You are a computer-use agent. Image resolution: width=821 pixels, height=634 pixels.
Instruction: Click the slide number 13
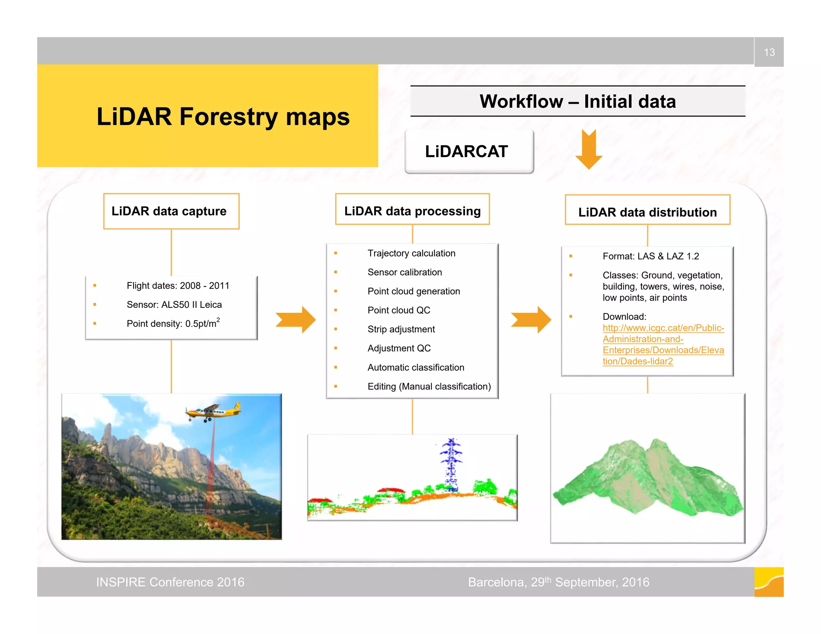769,52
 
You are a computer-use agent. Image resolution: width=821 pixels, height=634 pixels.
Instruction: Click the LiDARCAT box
469,151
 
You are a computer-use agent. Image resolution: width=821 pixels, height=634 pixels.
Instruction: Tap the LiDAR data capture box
171,211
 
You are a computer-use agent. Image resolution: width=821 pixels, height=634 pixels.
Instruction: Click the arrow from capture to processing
296,319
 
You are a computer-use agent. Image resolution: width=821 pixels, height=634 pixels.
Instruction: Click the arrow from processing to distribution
531,319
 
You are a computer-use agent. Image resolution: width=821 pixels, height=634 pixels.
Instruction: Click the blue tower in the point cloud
451,465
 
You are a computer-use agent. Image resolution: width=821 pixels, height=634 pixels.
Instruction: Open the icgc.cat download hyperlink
663,344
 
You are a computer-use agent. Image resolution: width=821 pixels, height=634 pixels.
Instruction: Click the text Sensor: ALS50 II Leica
174,305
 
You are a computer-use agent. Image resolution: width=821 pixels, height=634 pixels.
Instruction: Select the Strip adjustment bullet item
401,329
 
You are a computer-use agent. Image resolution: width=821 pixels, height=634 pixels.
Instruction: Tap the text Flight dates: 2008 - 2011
178,286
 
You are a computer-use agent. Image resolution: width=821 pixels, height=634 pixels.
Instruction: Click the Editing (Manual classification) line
429,386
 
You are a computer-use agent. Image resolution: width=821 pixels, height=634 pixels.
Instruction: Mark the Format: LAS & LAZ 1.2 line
650,256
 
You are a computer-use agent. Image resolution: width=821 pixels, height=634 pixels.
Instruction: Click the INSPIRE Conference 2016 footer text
170,582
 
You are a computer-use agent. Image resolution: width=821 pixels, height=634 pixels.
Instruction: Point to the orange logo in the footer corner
768,582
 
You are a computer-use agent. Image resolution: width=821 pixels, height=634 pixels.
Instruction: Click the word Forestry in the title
228,117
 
